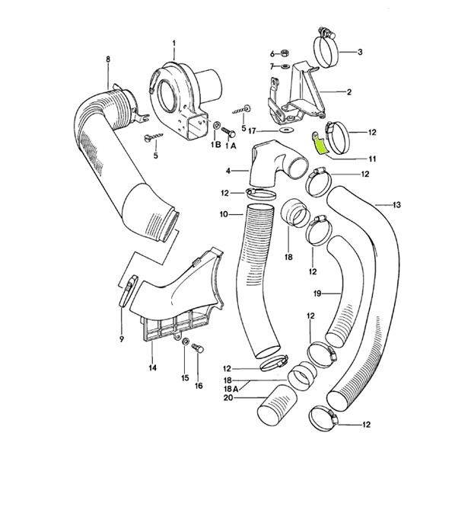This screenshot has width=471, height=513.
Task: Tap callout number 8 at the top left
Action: [x=107, y=59]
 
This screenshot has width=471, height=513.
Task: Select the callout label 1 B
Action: [x=216, y=143]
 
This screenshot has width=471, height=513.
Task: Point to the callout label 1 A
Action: [x=232, y=143]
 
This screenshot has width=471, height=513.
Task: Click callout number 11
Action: [x=373, y=159]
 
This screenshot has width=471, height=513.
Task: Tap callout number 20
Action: [x=228, y=397]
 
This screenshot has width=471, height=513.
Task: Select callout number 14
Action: [x=152, y=367]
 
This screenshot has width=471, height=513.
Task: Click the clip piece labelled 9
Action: [x=127, y=290]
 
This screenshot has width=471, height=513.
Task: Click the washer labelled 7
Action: [x=284, y=67]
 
